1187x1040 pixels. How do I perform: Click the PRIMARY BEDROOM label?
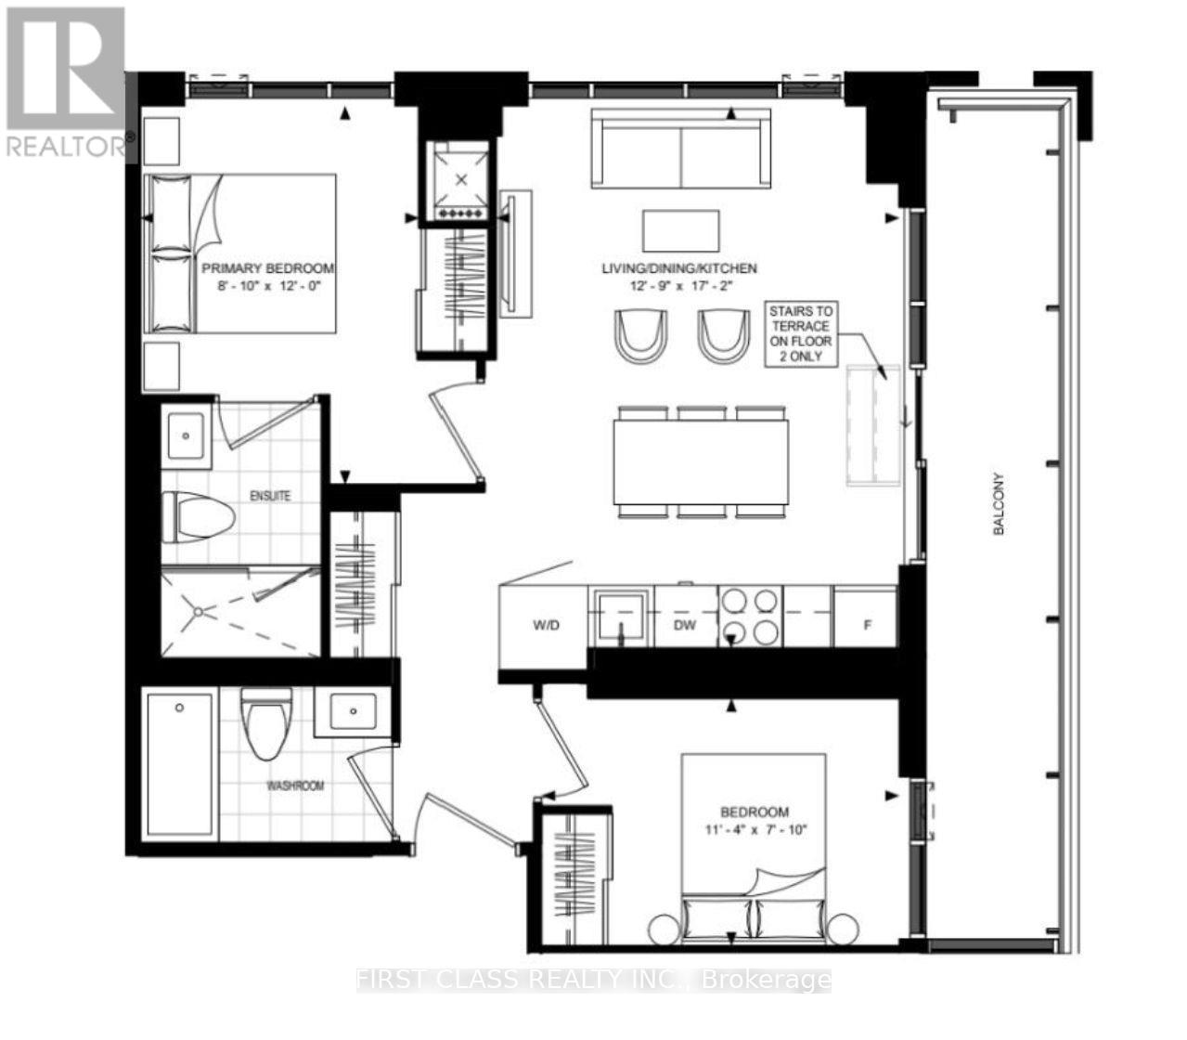(267, 268)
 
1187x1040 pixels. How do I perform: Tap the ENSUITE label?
(270, 496)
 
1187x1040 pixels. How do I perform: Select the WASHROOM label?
(295, 786)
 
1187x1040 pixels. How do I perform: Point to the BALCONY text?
(999, 504)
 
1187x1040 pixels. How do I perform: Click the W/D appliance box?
(546, 625)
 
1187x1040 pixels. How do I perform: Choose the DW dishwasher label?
(685, 625)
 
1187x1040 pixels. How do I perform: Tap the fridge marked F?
(867, 625)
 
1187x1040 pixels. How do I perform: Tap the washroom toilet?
(265, 722)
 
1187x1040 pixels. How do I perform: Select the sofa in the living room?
(682, 148)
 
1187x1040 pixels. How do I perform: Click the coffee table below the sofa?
(681, 231)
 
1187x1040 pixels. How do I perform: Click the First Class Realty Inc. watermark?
(594, 980)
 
